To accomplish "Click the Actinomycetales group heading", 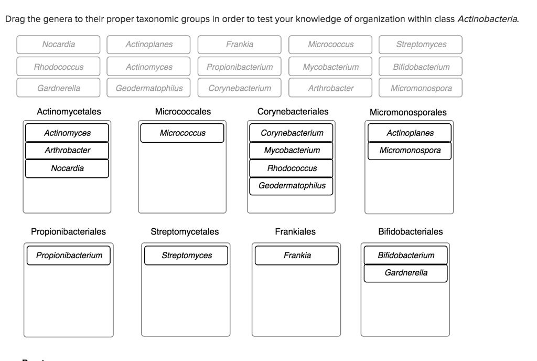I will [69, 112].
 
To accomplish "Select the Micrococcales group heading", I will [182, 112].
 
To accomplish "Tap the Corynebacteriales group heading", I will [293, 112].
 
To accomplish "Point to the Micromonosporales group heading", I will [408, 112].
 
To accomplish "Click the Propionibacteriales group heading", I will [68, 231].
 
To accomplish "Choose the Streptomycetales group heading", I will [185, 231].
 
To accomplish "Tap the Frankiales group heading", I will [295, 231].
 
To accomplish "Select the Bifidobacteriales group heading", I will [410, 231].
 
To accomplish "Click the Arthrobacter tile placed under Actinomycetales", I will [67, 151].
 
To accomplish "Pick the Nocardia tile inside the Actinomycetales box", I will [67, 168].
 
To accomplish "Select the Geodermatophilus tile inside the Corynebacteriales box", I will [292, 186].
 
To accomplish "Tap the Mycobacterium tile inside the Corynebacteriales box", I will [292, 151].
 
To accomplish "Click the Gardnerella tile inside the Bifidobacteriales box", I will [405, 273].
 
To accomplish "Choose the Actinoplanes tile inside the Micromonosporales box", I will [410, 133].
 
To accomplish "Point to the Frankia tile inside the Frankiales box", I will [297, 256].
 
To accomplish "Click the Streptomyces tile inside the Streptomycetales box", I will [187, 256].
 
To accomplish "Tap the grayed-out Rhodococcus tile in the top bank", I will [58, 67].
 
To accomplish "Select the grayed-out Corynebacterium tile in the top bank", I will [240, 88].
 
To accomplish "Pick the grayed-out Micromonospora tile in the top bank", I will [421, 88].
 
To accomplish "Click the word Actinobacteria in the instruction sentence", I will [488, 19].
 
